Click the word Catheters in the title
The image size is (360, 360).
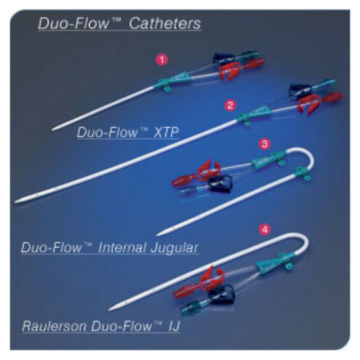pyautogui.click(x=165, y=23)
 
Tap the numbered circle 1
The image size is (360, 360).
pyautogui.click(x=162, y=60)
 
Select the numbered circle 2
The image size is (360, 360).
pyautogui.click(x=230, y=105)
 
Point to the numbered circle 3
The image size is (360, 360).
pyautogui.click(x=265, y=144)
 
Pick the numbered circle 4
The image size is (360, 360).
pyautogui.click(x=265, y=230)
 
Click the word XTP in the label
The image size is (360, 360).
pyautogui.click(x=166, y=132)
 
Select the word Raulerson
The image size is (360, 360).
pyautogui.click(x=55, y=326)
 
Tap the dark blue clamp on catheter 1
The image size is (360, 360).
pyautogui.click(x=223, y=59)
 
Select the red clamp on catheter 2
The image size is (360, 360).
pyautogui.click(x=309, y=105)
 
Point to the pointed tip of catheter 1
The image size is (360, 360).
pyautogui.click(x=53, y=130)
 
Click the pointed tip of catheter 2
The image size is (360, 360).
pyautogui.click(x=16, y=202)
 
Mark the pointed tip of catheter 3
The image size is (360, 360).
pyautogui.click(x=158, y=234)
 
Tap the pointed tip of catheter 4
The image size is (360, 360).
pyautogui.click(x=109, y=310)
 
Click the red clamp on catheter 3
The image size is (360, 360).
pyautogui.click(x=208, y=170)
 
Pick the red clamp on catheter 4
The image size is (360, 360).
pyautogui.click(x=211, y=278)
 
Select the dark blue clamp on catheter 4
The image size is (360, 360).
pyautogui.click(x=222, y=294)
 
